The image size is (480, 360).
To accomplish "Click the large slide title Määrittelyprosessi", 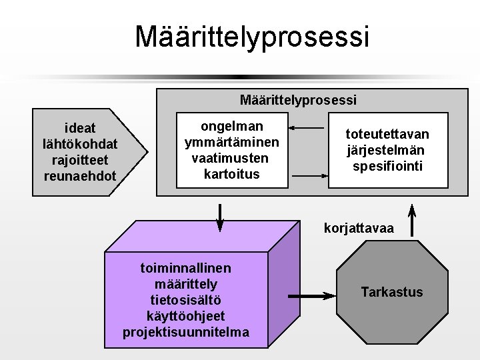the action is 251,37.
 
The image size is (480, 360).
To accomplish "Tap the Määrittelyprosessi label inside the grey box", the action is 298,100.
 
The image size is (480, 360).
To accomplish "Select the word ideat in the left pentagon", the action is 79,127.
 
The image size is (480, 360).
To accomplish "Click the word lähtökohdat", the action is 79,143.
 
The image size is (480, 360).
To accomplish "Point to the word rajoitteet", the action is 79,160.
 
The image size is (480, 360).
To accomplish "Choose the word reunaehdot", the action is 79,176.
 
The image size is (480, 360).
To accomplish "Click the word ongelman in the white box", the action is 231,126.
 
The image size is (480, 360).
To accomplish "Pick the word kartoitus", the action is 231,175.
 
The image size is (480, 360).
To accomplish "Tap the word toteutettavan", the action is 387,135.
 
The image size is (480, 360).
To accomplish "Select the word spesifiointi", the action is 387,166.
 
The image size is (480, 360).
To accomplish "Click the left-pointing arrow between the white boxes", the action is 308,127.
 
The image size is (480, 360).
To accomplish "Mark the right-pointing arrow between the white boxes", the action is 308,175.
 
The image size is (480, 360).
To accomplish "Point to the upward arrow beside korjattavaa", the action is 412,219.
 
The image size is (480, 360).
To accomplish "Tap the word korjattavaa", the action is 359,229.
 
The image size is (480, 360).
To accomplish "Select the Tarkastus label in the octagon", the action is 391,292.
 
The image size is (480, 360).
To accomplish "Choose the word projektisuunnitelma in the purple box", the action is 186,331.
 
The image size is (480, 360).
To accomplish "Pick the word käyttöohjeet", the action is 186,316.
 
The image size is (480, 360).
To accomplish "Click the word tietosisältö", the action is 186,300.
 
